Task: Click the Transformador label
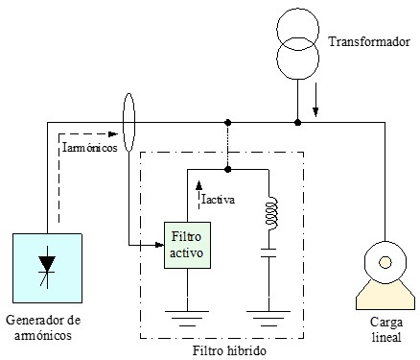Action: click(362, 42)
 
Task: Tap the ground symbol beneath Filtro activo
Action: click(187, 317)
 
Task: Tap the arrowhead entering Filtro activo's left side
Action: click(159, 247)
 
